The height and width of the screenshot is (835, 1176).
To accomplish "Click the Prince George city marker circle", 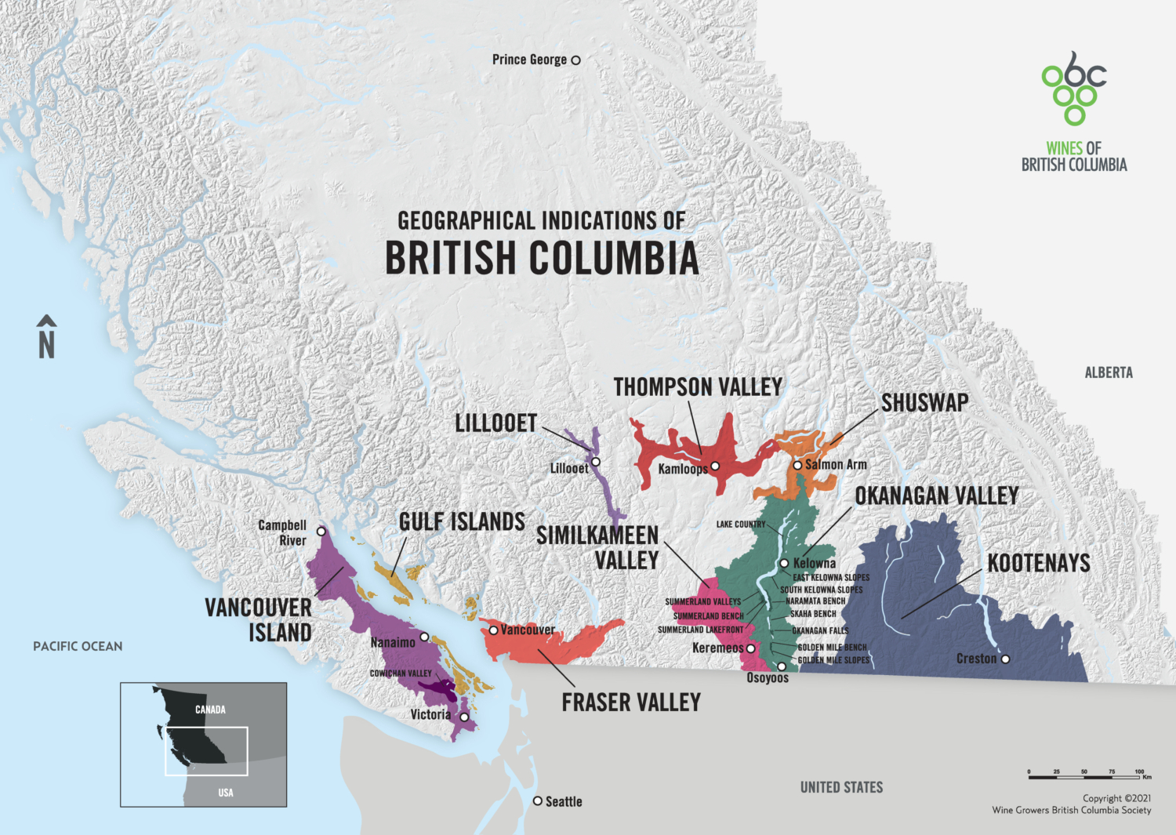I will (x=575, y=60).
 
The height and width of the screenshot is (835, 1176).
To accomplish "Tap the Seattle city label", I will (x=564, y=801).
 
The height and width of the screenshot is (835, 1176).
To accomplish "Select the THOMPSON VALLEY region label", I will (x=698, y=387).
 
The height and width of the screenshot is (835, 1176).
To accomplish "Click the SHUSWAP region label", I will (x=924, y=403).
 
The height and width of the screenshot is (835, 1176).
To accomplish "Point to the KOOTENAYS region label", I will (x=1039, y=563).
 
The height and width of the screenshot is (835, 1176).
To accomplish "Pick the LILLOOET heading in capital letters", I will (x=495, y=424).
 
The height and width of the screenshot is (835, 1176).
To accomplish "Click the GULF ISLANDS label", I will (x=462, y=522).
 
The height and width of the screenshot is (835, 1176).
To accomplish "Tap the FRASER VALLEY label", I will (x=631, y=702).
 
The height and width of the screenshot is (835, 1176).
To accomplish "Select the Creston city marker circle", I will (x=1005, y=659).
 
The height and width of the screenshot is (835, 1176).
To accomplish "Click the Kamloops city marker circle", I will (x=715, y=467).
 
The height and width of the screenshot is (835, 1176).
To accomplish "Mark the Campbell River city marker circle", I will (x=321, y=532).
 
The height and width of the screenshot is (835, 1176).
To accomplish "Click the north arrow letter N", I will (x=47, y=345).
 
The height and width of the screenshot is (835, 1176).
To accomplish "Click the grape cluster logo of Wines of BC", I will (x=1073, y=89).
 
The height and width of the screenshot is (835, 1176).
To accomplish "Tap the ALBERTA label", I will (x=1109, y=373).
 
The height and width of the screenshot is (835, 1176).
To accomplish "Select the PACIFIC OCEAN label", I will (x=78, y=647).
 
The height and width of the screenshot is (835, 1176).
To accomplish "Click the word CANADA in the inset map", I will (x=210, y=710).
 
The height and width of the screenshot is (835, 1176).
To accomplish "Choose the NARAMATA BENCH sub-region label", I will (x=815, y=601).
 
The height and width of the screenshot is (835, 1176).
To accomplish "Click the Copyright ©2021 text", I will (x=1116, y=798).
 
